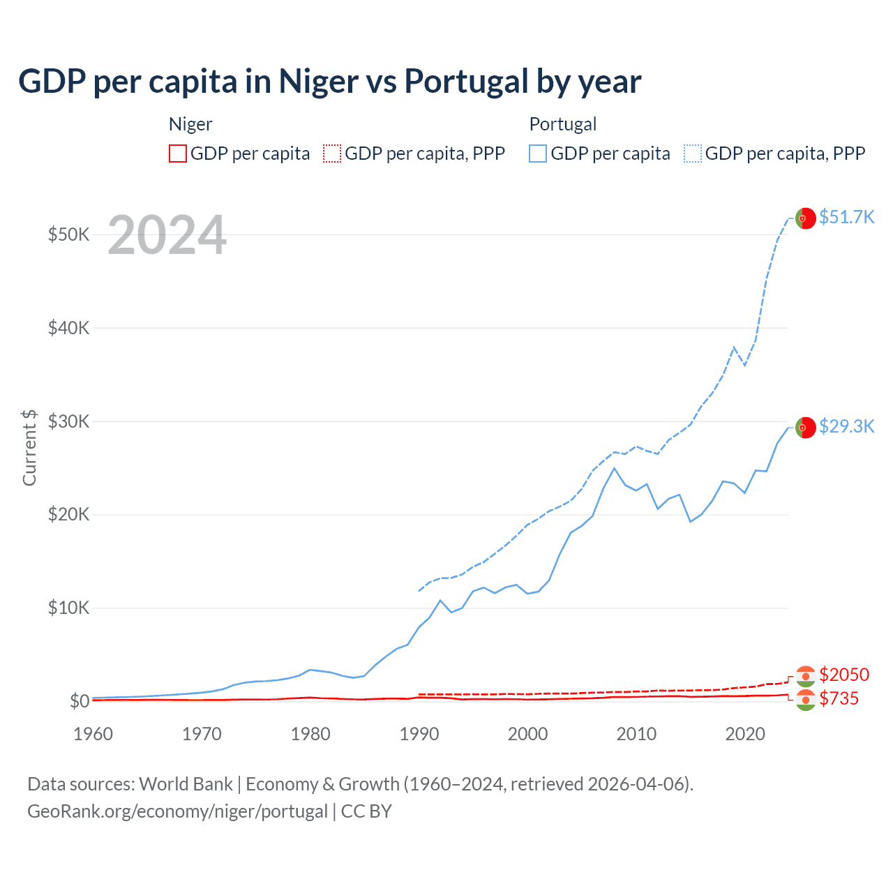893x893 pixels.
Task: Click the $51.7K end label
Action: [846, 217]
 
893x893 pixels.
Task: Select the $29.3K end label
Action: [846, 426]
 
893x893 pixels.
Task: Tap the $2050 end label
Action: [844, 675]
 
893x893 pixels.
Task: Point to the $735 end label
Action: [839, 698]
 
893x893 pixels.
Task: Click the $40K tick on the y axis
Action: [68, 328]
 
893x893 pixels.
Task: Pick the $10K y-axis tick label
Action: [68, 608]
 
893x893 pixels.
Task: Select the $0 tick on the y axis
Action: [80, 701]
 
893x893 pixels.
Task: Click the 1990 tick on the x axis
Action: [419, 734]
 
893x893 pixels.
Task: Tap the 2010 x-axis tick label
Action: [636, 734]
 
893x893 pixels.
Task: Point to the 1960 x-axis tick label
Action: [93, 734]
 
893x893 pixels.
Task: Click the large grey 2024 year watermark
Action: [167, 235]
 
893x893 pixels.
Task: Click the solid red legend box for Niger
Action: [178, 153]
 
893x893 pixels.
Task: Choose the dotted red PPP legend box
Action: [332, 153]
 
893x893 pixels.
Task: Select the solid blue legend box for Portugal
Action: [538, 153]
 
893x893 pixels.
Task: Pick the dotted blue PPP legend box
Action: [693, 153]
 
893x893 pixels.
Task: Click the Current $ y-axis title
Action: [29, 447]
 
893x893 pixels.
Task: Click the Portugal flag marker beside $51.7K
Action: [805, 218]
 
